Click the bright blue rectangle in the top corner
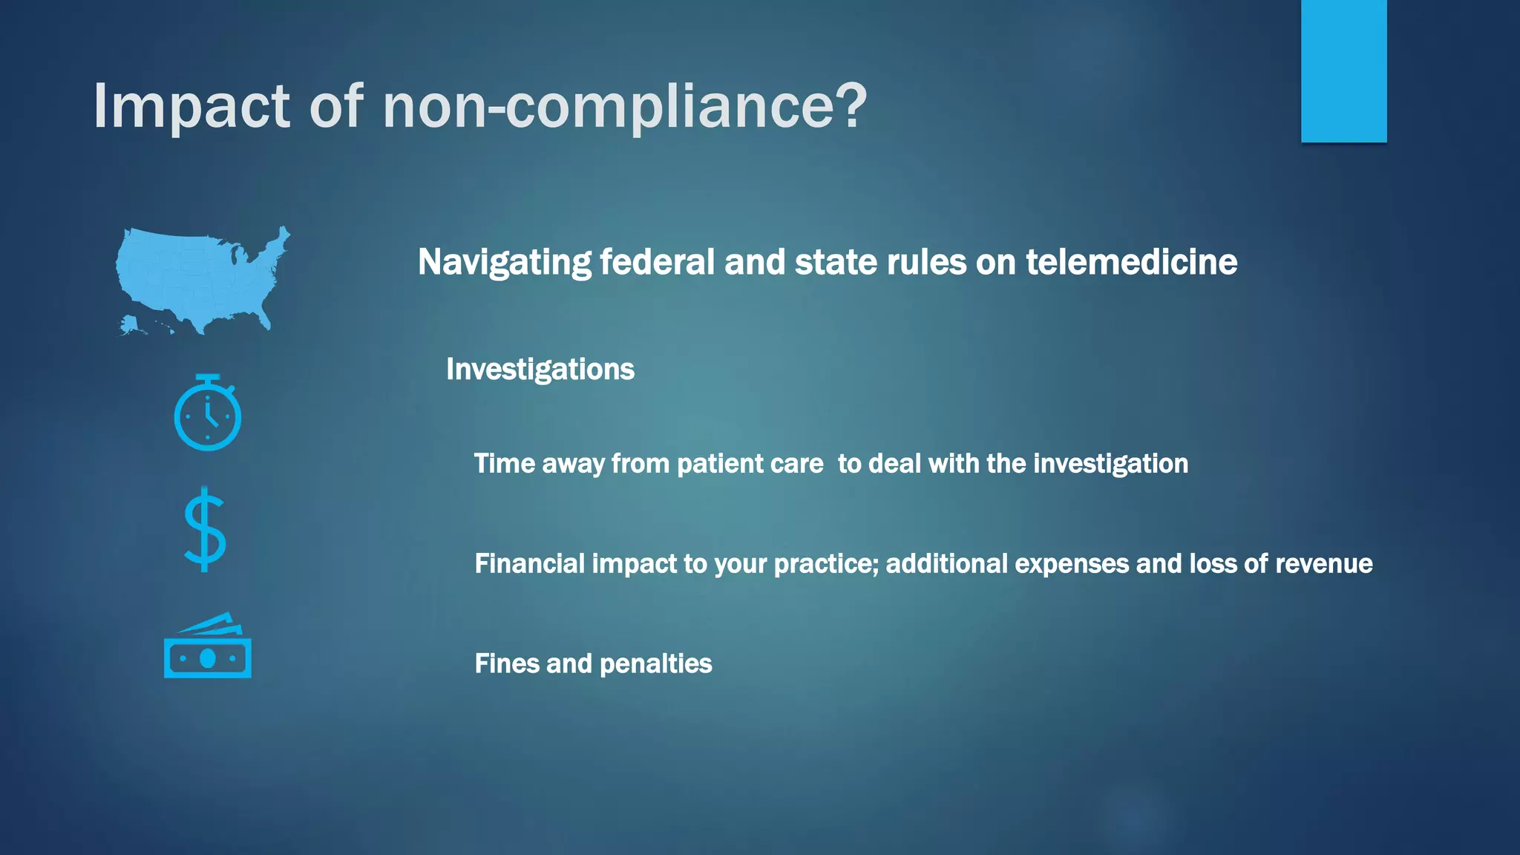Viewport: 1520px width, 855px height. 1343,71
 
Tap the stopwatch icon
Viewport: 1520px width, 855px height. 207,413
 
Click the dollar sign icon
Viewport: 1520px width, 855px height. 205,529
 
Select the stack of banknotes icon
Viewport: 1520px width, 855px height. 207,647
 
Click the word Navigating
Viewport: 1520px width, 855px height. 504,262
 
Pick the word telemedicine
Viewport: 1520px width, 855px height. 1131,262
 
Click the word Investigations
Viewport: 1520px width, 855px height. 540,370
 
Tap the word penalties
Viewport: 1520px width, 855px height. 655,664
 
